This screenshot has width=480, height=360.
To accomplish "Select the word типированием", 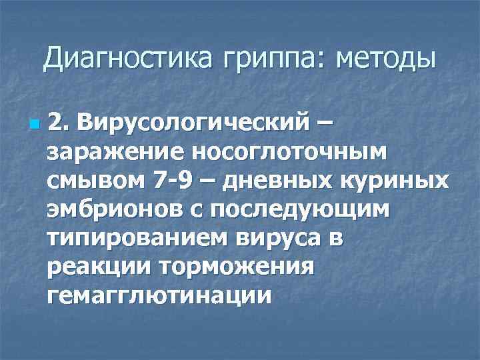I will coord(133,239).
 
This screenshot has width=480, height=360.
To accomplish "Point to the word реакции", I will coord(98,267).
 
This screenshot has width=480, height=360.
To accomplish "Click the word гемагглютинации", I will coord(159,296).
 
